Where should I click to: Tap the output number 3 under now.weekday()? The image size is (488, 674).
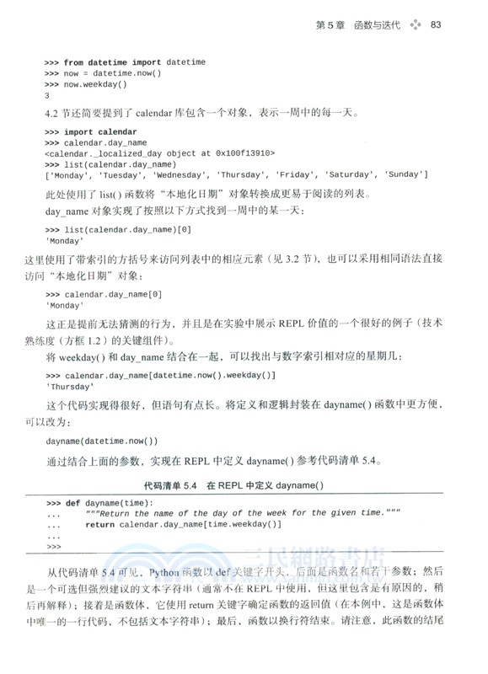[47, 95]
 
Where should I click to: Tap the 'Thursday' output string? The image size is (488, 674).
[70, 387]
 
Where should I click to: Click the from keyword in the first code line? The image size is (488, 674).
[73, 62]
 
